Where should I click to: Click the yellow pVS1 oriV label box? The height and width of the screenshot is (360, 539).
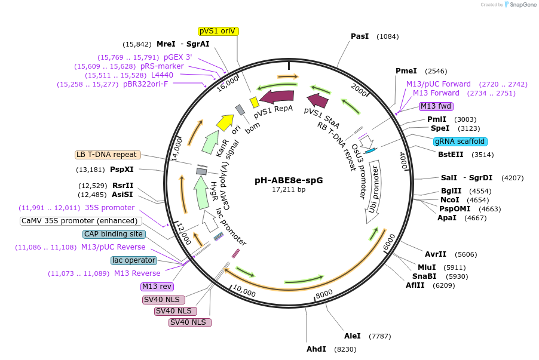[x=218, y=31]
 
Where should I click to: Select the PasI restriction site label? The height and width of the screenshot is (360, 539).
[x=359, y=36]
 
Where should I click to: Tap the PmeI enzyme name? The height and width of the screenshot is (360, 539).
[x=406, y=71]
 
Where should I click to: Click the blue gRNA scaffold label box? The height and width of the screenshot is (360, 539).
[x=460, y=141]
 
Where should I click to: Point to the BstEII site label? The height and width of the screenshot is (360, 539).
[x=451, y=155]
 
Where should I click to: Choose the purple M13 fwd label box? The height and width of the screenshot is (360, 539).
[x=436, y=106]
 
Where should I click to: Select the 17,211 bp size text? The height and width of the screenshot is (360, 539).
[x=289, y=189]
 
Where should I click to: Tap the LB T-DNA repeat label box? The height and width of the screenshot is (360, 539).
[x=108, y=155]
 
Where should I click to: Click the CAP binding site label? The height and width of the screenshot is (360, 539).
[x=114, y=234]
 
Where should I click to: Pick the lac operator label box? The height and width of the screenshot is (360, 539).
[x=134, y=260]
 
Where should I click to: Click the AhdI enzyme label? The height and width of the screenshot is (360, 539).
[x=316, y=349]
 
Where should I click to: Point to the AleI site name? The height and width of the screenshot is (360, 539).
[x=353, y=336]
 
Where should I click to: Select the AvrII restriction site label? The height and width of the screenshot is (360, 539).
[x=436, y=254]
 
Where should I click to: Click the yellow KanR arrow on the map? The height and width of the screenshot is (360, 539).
[x=225, y=122]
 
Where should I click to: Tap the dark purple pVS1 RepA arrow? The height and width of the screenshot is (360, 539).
[x=277, y=96]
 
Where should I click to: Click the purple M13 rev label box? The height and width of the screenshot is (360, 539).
[x=157, y=287]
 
